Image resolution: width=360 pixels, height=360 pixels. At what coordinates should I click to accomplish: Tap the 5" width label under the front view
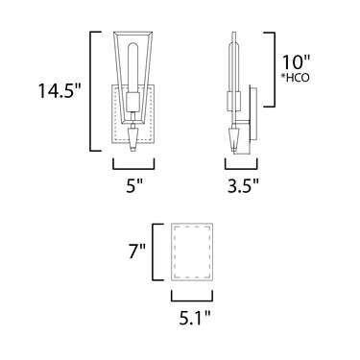[133, 186]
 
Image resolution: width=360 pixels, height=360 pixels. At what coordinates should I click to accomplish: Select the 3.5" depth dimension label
[243, 186]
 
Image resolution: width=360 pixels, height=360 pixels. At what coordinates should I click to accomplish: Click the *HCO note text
[296, 78]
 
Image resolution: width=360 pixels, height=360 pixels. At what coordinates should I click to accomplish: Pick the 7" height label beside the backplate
[137, 251]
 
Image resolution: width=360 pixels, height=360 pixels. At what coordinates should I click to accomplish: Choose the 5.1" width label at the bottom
[195, 318]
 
